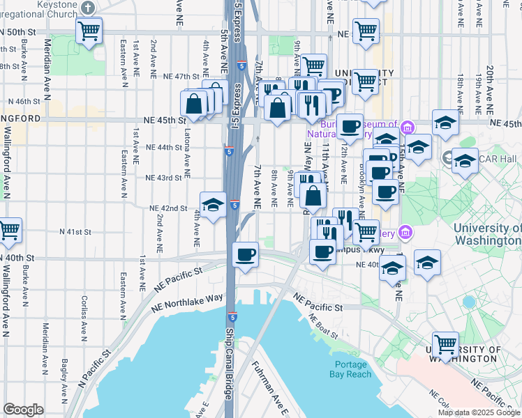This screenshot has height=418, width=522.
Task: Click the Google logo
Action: pos(23,410)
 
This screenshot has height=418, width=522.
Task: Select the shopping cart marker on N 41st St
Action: pos(8,231)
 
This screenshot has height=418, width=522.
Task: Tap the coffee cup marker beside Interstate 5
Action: pos(245,254)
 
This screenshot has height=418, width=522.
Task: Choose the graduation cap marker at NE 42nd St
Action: pos(214,204)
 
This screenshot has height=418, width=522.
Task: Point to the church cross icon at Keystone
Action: pos(87,8)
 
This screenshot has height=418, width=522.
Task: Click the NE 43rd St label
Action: pos(163,178)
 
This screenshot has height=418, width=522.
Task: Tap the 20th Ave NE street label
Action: pos(491,84)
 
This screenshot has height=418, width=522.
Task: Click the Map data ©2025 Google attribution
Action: pos(479,412)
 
